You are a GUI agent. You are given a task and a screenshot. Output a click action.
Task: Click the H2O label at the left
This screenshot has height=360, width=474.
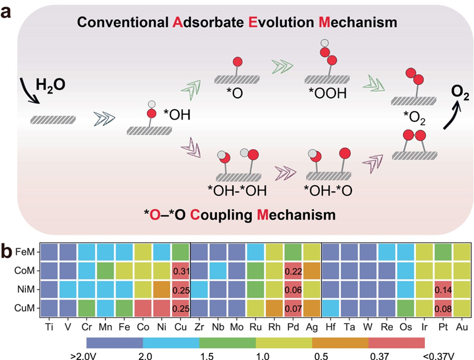[50, 85]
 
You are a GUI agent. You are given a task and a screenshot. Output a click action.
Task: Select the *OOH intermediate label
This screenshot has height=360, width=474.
[328, 94]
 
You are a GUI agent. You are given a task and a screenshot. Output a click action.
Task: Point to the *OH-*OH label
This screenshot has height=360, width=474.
[238, 191]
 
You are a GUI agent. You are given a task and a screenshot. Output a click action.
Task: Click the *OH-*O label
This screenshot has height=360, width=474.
[328, 191]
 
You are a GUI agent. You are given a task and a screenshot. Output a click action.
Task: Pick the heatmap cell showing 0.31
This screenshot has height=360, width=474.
[181, 271]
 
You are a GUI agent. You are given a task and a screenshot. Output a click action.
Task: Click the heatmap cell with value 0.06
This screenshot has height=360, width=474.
[293, 290]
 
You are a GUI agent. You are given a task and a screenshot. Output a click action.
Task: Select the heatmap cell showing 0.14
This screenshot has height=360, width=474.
[443, 290]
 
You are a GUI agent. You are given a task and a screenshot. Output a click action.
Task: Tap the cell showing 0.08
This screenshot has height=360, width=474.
[443, 308]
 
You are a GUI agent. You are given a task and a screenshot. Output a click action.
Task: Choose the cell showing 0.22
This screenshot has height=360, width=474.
[293, 271]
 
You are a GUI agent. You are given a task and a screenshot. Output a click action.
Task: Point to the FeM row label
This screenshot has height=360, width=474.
[25, 252]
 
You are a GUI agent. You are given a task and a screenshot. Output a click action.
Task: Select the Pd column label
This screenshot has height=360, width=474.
[293, 327]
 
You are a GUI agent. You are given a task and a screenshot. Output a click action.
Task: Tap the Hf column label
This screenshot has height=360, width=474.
[331, 327]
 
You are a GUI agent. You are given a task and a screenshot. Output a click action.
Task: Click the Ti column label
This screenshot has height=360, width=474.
[49, 327]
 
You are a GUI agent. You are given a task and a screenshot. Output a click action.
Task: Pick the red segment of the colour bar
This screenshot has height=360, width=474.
[396, 343]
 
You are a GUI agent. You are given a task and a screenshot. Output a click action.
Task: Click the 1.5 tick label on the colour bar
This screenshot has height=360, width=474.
[207, 356]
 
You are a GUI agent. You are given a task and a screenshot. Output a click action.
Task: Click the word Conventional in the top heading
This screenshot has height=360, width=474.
[123, 22]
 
